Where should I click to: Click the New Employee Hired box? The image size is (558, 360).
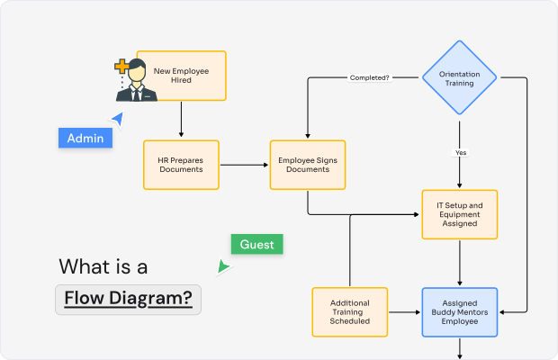point(182,76)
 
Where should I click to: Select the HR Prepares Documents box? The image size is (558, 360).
point(181,165)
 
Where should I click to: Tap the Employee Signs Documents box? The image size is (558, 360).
point(308,165)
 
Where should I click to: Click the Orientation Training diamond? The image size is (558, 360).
point(460,77)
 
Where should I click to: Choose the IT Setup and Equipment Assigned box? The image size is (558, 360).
point(460,214)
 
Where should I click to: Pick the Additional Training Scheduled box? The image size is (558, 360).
point(349,312)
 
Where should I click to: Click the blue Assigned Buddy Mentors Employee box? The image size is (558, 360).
point(460,312)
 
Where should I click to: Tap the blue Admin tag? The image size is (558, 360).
point(85,138)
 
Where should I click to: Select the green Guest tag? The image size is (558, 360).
point(256,244)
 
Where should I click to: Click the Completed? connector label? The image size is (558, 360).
point(369,78)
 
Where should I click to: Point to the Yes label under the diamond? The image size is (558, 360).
point(460,153)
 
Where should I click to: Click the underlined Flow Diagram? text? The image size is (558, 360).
point(128,298)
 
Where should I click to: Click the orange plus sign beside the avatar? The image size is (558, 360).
point(121,67)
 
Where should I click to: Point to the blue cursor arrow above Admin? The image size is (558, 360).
point(116,118)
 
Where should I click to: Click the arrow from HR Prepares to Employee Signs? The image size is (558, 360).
point(243,165)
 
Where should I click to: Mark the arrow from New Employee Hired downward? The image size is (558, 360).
point(182,119)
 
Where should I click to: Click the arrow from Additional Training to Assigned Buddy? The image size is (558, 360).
point(404,312)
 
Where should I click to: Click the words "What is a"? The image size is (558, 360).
point(103,266)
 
